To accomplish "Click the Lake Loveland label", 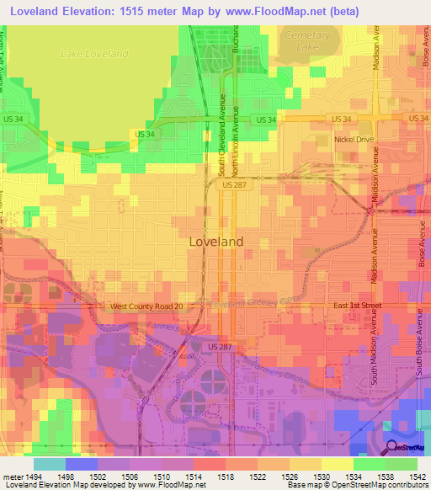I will pyautogui.click(x=94, y=54).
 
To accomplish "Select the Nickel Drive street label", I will pyautogui.click(x=354, y=140).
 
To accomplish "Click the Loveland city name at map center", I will pyautogui.click(x=215, y=241).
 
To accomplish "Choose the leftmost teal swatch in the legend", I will pyautogui.click(x=49, y=464).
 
